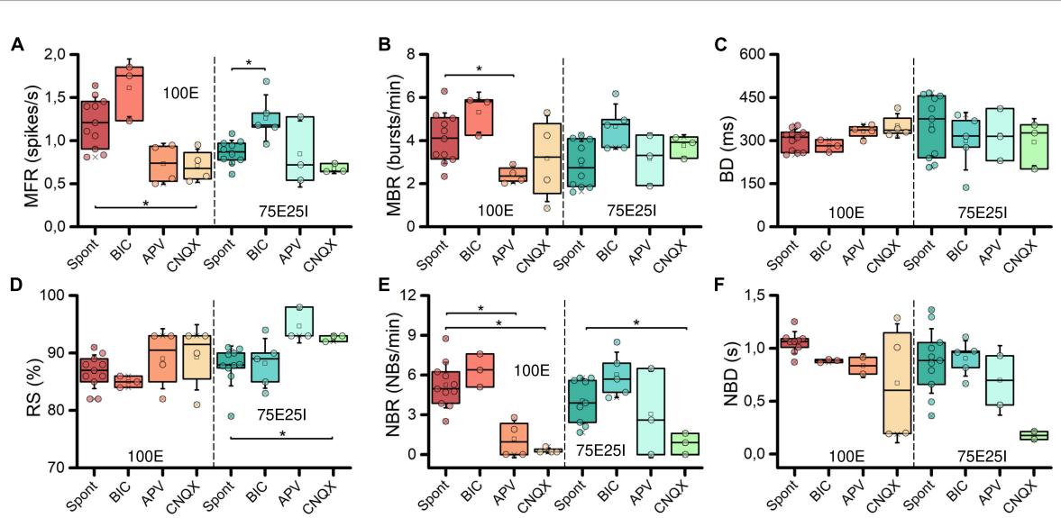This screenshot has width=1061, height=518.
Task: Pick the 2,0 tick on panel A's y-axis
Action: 57,54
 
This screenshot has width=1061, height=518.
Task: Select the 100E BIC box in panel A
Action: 130,93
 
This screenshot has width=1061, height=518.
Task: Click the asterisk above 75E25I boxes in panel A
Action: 249,63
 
